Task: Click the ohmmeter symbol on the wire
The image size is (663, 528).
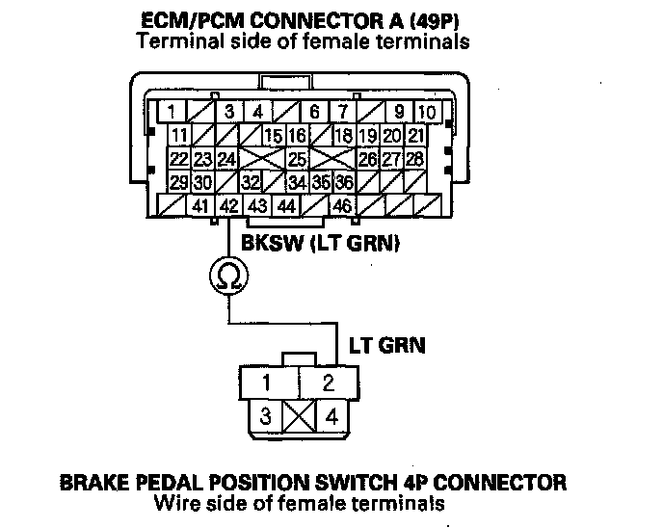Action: [x=227, y=277]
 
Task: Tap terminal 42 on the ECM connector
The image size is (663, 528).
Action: [x=227, y=205]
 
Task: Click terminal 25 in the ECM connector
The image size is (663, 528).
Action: [x=297, y=159]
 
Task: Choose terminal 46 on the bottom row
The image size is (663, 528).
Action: [x=341, y=205]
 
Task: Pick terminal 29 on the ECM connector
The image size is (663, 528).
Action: [x=178, y=182]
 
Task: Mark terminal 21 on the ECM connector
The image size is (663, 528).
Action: [x=416, y=136]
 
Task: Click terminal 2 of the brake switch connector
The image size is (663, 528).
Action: [x=328, y=383]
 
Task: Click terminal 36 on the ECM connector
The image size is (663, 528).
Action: [x=343, y=182]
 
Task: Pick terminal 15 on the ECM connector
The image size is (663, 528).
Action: [x=273, y=136]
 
